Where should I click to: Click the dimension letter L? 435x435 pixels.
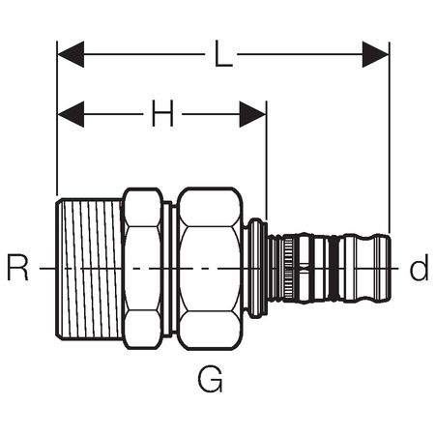click(223, 54)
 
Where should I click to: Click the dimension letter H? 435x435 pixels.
click(162, 113)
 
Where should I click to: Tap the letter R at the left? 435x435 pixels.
click(18, 268)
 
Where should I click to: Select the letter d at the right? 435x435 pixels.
click(419, 268)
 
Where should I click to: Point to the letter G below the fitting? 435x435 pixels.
click(210, 379)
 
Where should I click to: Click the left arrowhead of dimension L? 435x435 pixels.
click(71, 54)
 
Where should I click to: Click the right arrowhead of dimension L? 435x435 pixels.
click(376, 54)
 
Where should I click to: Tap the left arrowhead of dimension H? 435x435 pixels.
click(71, 114)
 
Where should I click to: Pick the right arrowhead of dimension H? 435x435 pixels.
click(253, 114)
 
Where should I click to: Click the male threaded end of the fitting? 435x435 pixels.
click(89, 269)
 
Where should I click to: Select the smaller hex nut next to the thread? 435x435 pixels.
click(142, 269)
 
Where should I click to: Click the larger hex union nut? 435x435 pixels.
click(210, 269)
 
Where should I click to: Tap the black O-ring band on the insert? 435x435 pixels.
click(334, 269)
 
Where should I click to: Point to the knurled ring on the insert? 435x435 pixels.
click(288, 269)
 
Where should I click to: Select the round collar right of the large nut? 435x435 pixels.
click(255, 269)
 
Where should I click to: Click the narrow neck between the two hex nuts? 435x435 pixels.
click(170, 269)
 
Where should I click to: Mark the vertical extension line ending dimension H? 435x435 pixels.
click(267, 160)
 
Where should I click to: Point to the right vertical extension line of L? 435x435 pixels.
click(390, 137)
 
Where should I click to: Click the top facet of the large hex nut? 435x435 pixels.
click(210, 207)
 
